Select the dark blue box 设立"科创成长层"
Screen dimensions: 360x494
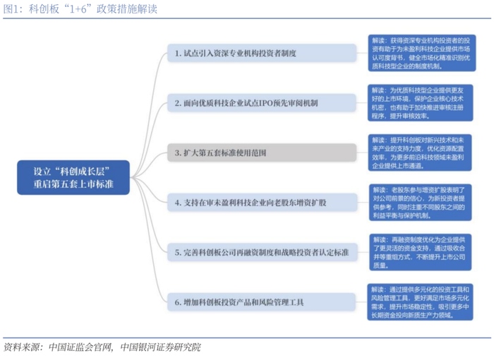74,178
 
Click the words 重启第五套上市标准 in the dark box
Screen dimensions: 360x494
74,184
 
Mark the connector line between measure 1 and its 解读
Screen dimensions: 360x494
361,53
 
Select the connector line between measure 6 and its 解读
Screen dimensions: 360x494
361,302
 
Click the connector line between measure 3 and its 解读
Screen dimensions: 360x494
361,152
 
